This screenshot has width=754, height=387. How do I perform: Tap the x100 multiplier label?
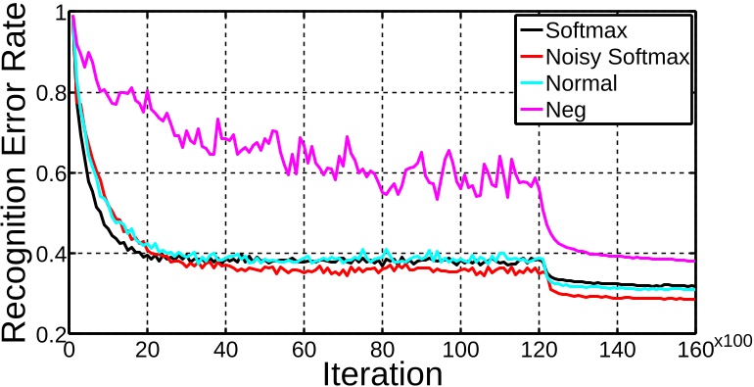(x=731, y=341)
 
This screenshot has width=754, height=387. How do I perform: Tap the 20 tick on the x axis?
(x=147, y=350)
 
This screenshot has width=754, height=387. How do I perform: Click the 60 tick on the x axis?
(x=304, y=350)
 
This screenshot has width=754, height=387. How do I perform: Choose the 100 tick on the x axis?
(x=460, y=350)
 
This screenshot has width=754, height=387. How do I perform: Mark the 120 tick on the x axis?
(x=539, y=350)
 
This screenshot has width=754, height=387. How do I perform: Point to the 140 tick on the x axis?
(x=617, y=350)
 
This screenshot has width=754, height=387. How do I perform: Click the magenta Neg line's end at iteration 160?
(x=693, y=261)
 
